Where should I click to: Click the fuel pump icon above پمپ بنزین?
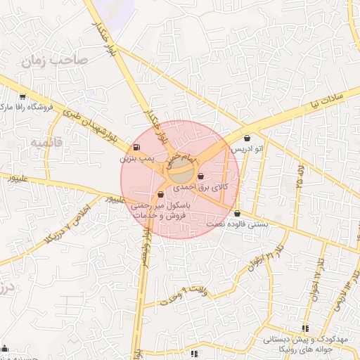tap(135, 148)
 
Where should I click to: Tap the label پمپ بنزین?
tap(137, 160)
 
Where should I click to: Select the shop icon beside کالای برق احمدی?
tap(202, 176)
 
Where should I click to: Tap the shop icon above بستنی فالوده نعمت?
tap(237, 213)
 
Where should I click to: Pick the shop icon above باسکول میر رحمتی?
tap(161, 195)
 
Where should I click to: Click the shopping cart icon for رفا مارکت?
tap(22, 97)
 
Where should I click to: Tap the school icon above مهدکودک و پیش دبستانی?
tap(304, 328)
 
